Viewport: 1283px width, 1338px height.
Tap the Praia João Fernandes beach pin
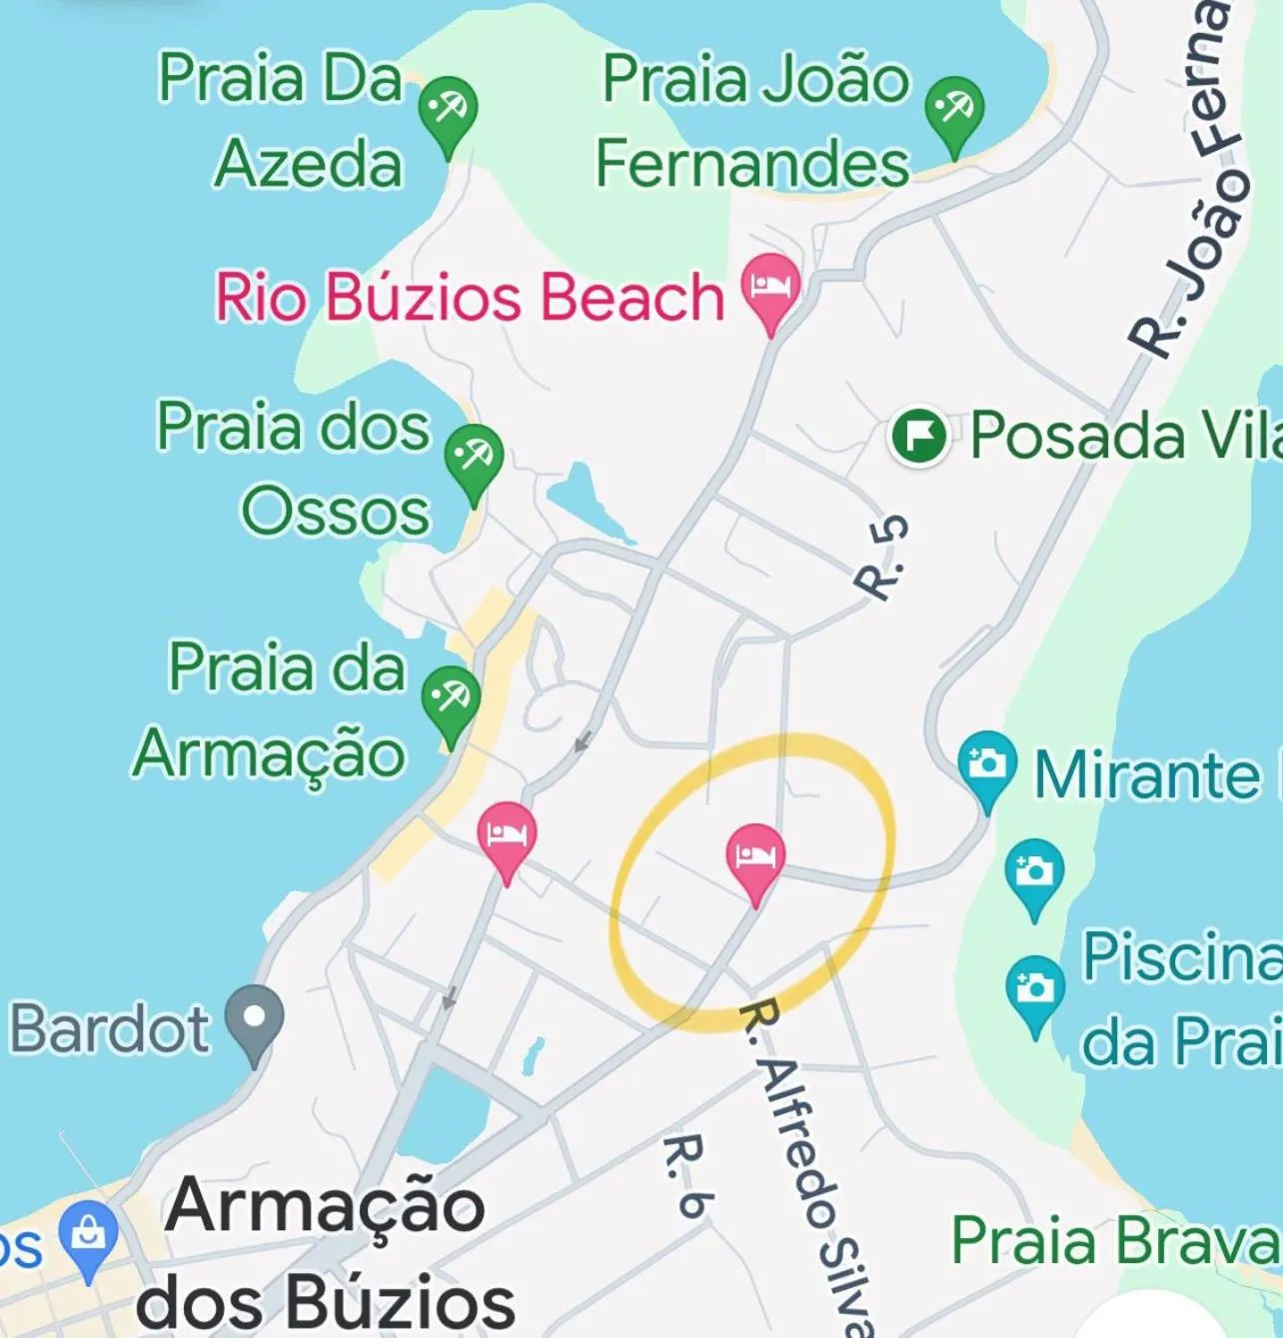[x=954, y=109]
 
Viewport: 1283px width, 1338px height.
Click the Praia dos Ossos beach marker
[x=474, y=458]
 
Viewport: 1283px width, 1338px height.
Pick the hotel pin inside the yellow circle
[x=755, y=856]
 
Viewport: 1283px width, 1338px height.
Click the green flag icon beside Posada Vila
[x=919, y=437]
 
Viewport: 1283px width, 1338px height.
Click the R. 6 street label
[x=686, y=1175]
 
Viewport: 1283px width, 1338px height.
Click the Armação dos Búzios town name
[x=325, y=1253]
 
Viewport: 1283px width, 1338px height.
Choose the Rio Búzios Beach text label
[x=470, y=297]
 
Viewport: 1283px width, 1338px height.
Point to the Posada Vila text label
[x=1125, y=437]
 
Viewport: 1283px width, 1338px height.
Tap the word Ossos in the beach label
[x=336, y=512]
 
